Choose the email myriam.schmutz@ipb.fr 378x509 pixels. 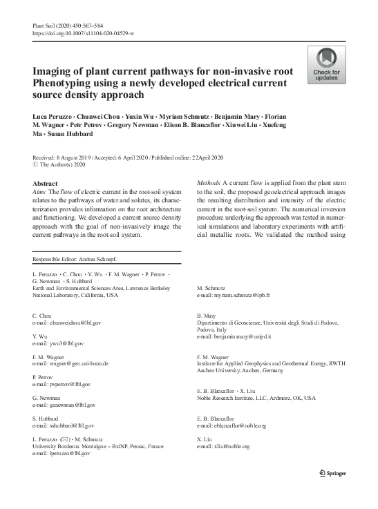tap(234, 295)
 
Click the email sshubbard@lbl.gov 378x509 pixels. tap(64, 426)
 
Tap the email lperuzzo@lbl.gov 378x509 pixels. tap(62, 454)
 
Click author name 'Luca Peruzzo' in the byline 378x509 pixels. tap(53, 112)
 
